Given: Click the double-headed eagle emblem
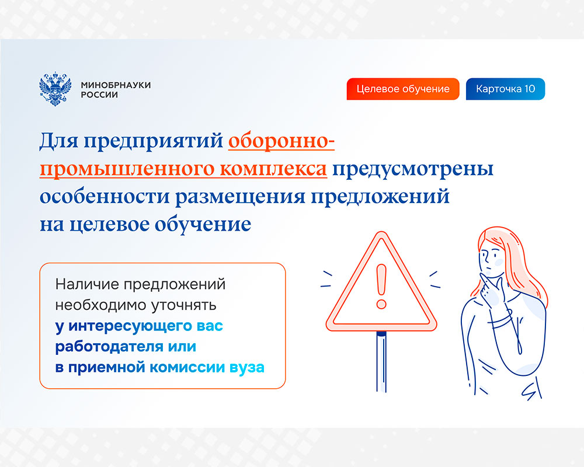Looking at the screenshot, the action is pos(55,89).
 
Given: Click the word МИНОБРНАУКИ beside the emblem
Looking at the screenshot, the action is pos(116,85).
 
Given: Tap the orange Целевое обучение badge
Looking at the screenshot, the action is pos(403,89).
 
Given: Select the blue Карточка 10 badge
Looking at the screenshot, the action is pos(505,89).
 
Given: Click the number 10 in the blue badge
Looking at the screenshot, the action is pos(529,89).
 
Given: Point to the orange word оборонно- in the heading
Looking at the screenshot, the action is pos(281,141).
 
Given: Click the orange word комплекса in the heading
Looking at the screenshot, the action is pos(273,169).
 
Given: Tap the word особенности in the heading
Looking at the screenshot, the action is pos(105,196).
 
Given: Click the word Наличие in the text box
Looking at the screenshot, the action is pos(87,284).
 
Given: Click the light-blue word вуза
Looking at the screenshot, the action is pos(247,368).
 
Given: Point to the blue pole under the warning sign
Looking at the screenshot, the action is pos(381,361).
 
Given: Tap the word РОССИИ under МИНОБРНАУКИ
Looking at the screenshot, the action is pos(99,95).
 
